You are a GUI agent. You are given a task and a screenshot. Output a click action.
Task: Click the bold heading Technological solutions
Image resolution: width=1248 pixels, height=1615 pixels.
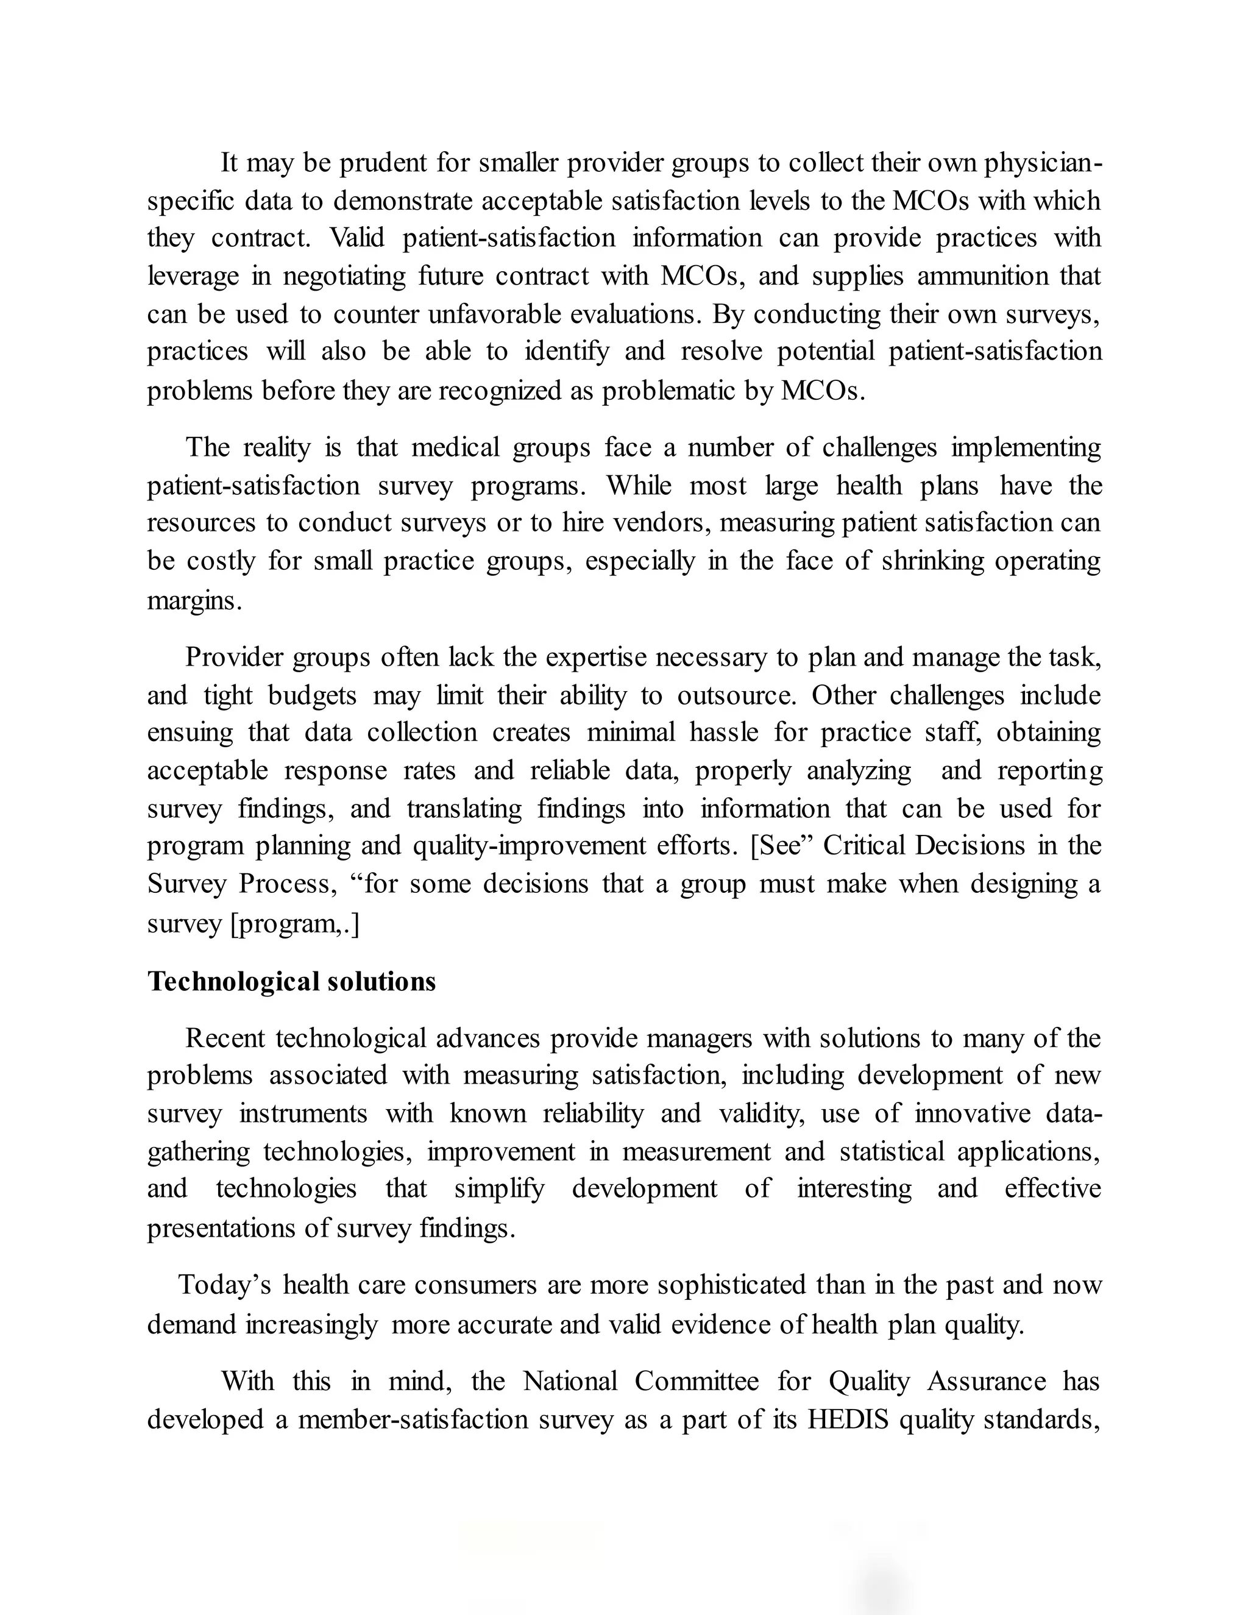click(291, 981)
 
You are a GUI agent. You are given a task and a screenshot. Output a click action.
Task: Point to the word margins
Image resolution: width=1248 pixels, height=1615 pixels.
click(194, 600)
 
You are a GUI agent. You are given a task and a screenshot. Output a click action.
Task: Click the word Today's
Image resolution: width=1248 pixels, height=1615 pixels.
click(225, 1285)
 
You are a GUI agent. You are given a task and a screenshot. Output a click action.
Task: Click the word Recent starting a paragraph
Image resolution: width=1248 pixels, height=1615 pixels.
click(225, 1038)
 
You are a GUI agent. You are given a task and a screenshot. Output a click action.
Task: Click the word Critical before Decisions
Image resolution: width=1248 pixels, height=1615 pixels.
click(863, 845)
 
